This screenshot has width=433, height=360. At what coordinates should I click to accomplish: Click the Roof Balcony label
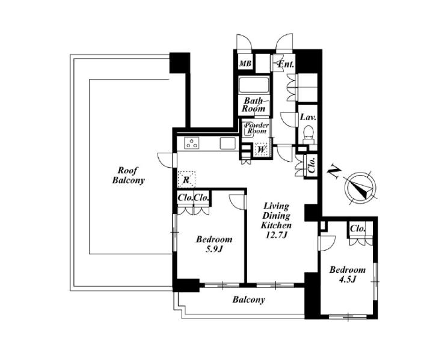coord(129,175)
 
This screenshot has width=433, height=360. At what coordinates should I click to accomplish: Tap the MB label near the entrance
coord(245,64)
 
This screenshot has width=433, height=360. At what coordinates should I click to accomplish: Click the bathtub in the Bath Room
coord(254,85)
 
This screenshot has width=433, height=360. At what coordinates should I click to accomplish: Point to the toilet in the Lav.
coord(308,135)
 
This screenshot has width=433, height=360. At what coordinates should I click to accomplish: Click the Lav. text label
coord(308,117)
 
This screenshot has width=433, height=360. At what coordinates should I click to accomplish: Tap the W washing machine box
coord(261,150)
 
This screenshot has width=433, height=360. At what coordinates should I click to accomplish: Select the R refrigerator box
coord(186,180)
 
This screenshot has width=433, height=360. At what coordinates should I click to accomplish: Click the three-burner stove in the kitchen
coord(192,143)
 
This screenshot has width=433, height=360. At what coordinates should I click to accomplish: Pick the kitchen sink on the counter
coord(228,143)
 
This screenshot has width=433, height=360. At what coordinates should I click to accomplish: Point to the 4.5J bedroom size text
coord(347,279)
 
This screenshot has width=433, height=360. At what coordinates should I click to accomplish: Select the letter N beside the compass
coord(334,172)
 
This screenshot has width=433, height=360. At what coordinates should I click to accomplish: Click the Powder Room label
coord(257,128)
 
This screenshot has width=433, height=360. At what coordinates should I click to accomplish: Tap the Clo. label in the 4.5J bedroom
coord(358,228)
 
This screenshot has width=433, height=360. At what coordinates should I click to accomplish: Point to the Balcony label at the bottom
coord(248,299)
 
